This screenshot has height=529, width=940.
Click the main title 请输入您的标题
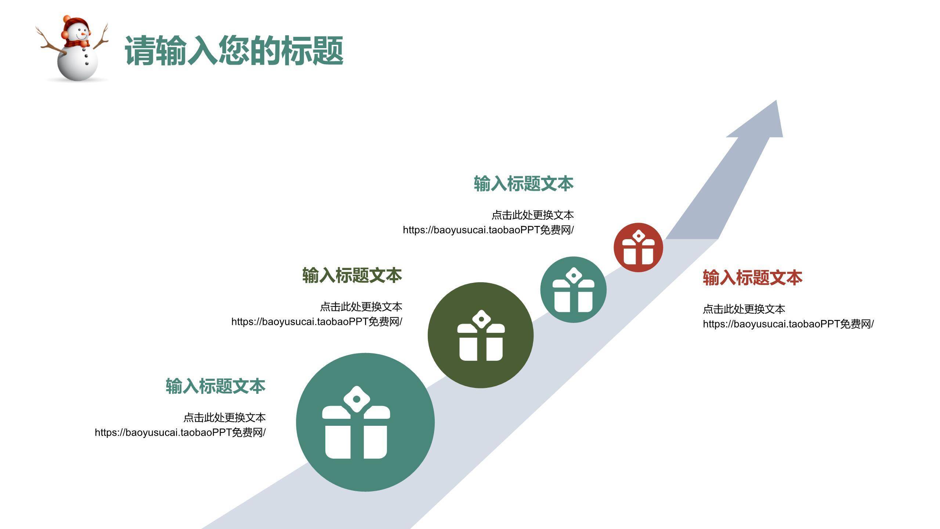[x=234, y=50]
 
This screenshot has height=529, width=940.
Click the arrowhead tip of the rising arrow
[x=777, y=100]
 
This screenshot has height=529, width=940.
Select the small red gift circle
[x=638, y=247]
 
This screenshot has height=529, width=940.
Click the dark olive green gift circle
[x=481, y=335]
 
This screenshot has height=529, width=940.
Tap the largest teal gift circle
[x=365, y=422]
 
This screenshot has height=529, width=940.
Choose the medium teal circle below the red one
[x=573, y=289]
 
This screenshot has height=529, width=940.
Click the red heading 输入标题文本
[x=753, y=278]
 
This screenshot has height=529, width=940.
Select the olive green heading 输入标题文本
[x=352, y=276]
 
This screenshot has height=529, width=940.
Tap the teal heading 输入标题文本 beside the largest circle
[x=216, y=386]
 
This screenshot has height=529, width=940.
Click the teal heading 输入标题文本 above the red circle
[x=524, y=184]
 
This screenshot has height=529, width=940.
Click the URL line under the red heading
[x=788, y=324]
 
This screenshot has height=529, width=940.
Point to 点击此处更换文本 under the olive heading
[x=361, y=307]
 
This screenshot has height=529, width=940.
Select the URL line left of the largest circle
[x=180, y=432]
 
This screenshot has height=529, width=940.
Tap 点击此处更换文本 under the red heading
[x=744, y=309]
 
